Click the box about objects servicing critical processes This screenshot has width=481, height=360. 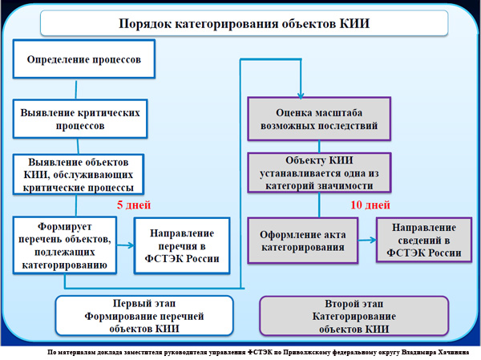(x=79, y=173)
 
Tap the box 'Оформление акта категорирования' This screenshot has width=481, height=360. (x=302, y=241)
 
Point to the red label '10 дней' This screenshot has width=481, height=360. (x=370, y=204)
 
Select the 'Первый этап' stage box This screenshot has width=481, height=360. (x=143, y=316)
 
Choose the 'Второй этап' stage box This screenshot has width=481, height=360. (x=354, y=316)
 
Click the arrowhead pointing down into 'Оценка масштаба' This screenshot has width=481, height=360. (x=301, y=91)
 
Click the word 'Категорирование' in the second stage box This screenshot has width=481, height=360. (x=354, y=317)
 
